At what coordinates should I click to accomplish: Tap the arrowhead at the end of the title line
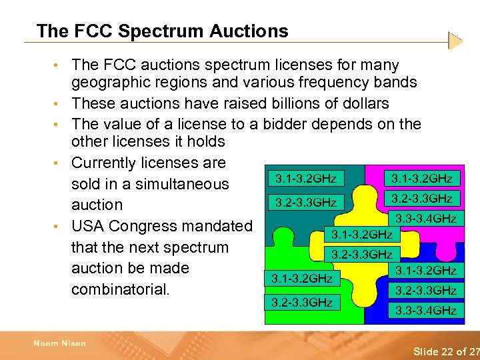coord(455,41)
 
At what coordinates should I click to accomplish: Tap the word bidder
coord(291,124)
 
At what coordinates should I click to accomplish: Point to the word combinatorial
coord(120,289)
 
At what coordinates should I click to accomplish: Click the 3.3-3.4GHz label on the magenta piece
coord(426,218)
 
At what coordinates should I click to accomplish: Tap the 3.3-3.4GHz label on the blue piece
coord(426,310)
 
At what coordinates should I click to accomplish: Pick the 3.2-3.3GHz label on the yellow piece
coord(362,254)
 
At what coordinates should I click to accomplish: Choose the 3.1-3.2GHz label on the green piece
coord(303,277)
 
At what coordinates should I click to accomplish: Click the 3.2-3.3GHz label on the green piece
coord(302,302)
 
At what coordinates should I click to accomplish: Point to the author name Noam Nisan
coord(59,343)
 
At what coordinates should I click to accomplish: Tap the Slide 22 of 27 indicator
coord(446,351)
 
